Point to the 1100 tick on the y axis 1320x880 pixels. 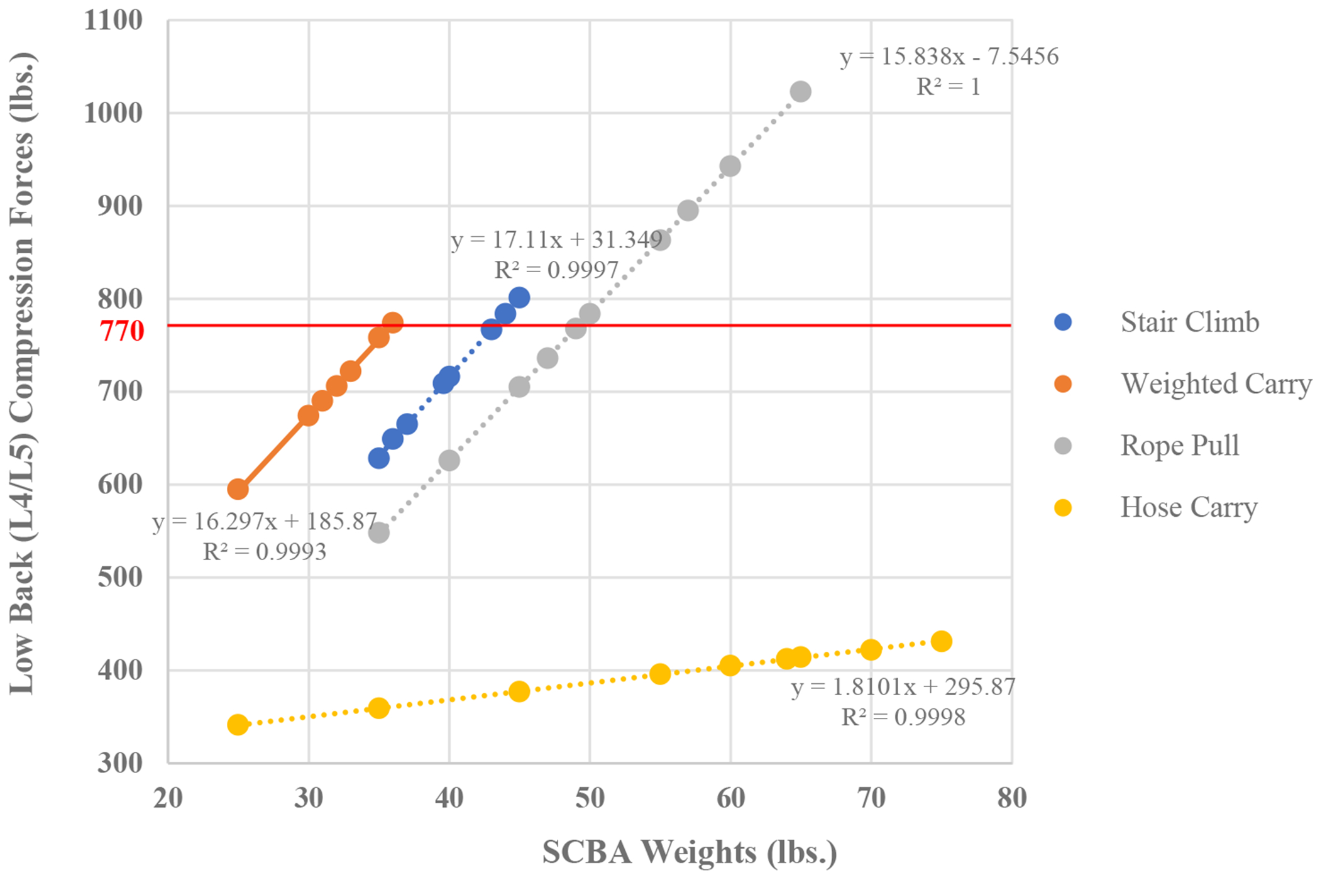113,21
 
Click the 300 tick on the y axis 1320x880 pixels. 120,763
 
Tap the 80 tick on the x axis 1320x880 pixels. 1011,798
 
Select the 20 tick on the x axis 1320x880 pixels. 168,798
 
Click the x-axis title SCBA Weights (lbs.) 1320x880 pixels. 690,852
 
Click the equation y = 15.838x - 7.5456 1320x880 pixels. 949,57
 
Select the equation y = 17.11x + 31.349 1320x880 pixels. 556,240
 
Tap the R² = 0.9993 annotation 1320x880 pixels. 265,552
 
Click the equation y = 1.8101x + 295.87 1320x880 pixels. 903,687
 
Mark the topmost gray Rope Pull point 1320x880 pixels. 800,92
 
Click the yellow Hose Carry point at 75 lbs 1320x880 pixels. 941,642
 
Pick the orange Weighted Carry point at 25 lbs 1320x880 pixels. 238,489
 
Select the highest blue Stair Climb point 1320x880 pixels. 519,297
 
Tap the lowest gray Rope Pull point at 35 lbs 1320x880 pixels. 378,533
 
